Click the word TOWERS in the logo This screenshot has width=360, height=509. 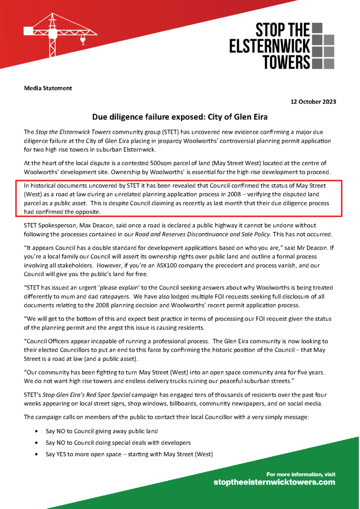[x=286, y=62]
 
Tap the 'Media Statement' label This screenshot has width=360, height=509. [x=48, y=88]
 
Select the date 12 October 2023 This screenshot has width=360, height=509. [x=313, y=102]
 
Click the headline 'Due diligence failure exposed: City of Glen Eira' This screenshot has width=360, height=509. [x=180, y=117]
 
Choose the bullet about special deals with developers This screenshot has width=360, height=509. [x=118, y=442]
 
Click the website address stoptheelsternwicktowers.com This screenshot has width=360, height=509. [x=274, y=482]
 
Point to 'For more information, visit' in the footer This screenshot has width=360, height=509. [x=301, y=474]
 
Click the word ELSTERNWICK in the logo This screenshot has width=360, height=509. [x=270, y=46]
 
